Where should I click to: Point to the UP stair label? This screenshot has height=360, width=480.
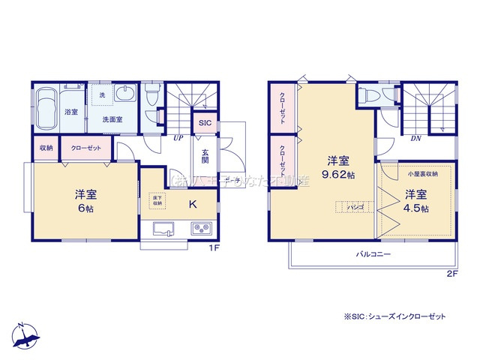pos(178,139)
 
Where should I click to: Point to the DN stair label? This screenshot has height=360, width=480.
pos(415,139)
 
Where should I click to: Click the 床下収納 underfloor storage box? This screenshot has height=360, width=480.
pos(157,200)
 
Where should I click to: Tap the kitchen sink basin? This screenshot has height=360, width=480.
pos(163,229)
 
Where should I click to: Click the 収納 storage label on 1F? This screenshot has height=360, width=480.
pos(46,148)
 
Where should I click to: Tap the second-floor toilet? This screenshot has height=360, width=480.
pos(369,95)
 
